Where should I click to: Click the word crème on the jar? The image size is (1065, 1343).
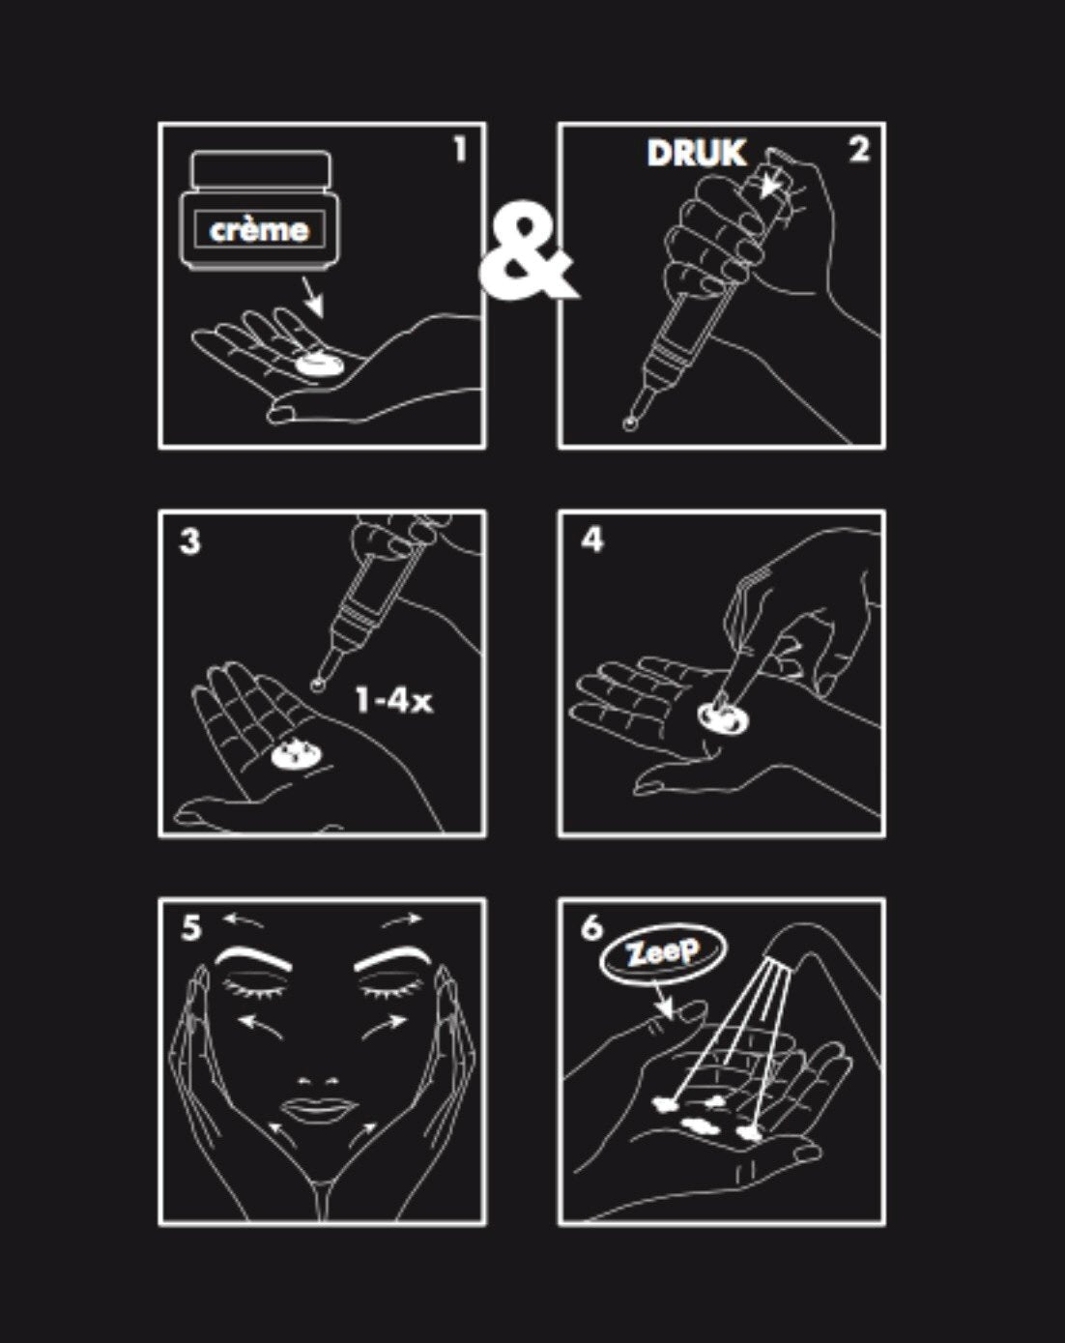coord(259,230)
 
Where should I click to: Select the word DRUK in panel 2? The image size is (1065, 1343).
coord(696,153)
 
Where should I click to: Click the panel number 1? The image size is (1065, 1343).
coord(459,150)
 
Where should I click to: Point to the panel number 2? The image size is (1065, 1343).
coord(859,150)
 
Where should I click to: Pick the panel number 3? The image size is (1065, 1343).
coord(190,541)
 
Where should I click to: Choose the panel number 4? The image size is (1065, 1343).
coord(592,540)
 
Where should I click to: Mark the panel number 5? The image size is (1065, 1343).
coord(191,928)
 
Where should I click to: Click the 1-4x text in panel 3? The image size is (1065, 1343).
coord(393,701)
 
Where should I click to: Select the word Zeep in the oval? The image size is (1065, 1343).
coord(663,952)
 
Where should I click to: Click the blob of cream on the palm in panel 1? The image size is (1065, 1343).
coord(320,365)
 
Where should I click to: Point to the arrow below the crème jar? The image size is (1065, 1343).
coord(313,296)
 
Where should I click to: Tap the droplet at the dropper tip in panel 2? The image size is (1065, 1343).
coord(631,424)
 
